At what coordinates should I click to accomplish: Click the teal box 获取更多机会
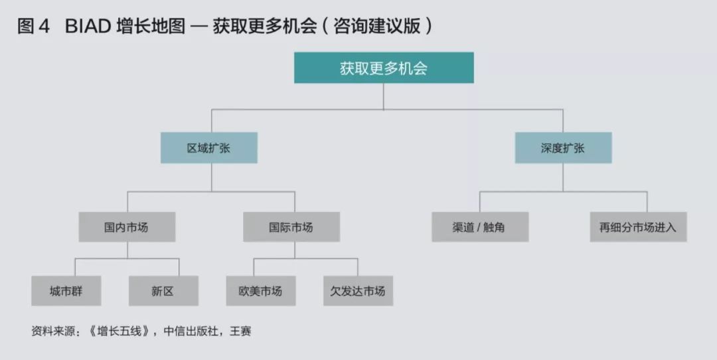point(384,68)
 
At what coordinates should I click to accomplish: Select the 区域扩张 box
point(208,147)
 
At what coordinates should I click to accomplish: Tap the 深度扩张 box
point(563,147)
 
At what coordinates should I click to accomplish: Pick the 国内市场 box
point(127,227)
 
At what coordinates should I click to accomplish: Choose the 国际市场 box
point(291,227)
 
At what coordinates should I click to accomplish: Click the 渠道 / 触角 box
point(479,227)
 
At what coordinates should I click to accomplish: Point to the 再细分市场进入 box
point(637,227)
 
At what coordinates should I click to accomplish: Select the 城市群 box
point(66,291)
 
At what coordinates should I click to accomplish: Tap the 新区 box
point(163,291)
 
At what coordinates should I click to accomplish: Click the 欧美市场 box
point(260,291)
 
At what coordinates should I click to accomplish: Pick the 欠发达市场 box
point(358,291)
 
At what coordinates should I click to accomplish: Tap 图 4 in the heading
point(34,27)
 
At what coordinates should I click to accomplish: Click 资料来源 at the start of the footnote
point(52,331)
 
